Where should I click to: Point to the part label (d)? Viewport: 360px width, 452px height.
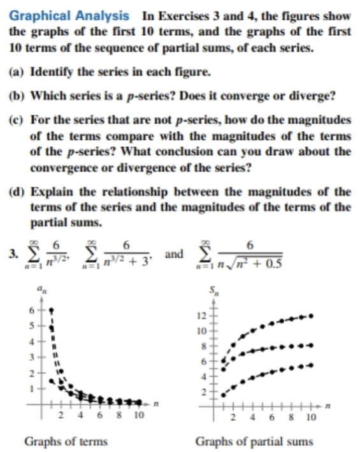(x=17, y=191)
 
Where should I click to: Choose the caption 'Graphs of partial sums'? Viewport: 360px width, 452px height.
(x=254, y=441)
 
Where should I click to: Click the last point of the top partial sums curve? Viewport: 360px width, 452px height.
(x=311, y=315)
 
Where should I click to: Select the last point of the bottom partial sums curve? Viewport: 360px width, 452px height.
(x=311, y=365)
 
